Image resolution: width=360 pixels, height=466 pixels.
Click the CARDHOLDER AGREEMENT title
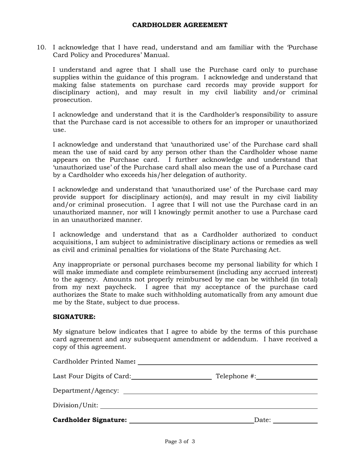coord(180,25)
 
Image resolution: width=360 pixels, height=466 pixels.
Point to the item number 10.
coord(41,47)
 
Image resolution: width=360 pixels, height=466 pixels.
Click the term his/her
coord(174,175)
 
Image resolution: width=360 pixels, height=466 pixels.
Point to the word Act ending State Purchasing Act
coord(274,250)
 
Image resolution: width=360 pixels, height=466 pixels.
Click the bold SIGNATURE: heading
coord(74,317)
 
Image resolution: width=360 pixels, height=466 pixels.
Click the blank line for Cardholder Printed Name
coord(227,361)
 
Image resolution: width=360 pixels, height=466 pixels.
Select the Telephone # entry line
coord(286,376)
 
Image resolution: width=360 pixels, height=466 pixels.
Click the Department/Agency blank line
coord(220,391)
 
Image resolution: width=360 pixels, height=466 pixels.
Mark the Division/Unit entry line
coord(208,406)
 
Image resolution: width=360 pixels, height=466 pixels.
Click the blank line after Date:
coord(295,420)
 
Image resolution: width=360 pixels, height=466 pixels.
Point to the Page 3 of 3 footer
coord(180,441)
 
